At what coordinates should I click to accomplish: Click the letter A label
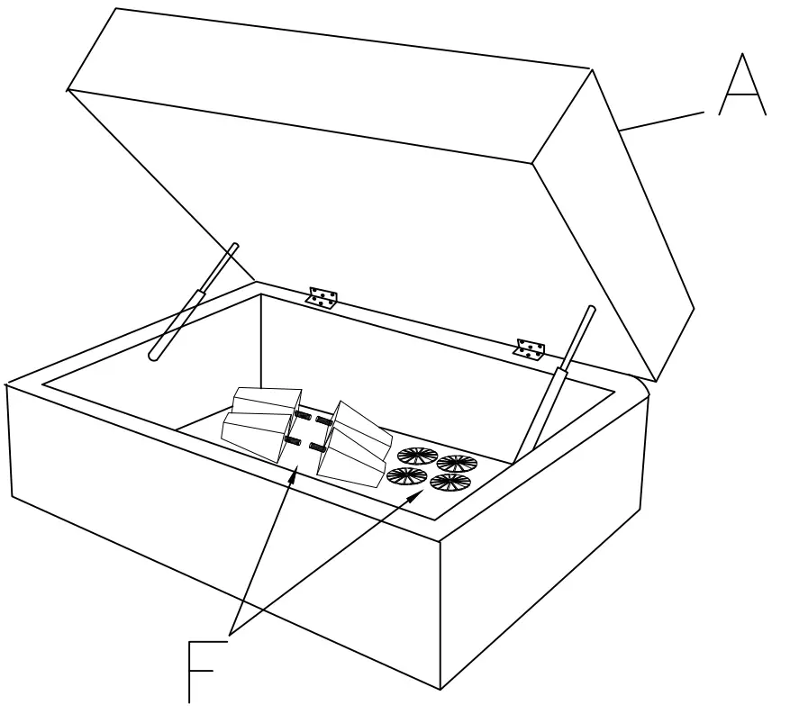click(741, 86)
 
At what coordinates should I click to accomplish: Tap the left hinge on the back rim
click(322, 297)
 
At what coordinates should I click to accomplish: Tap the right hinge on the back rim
click(531, 348)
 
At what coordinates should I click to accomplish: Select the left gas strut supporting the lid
click(193, 302)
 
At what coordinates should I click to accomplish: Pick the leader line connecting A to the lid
click(662, 122)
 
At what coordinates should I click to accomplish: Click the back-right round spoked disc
click(457, 464)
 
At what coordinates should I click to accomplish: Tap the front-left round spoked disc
click(406, 474)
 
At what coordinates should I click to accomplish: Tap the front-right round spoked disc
click(449, 483)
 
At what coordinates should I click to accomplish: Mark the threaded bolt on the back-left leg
click(304, 416)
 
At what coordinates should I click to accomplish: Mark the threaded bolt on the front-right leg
click(316, 447)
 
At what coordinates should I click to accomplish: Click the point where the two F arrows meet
click(232, 633)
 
